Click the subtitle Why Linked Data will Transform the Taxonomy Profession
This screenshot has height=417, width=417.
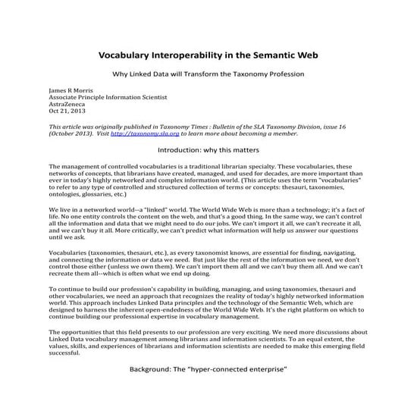point(208,74)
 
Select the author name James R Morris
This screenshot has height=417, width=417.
point(70,89)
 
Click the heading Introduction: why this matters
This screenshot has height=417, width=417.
point(208,150)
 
